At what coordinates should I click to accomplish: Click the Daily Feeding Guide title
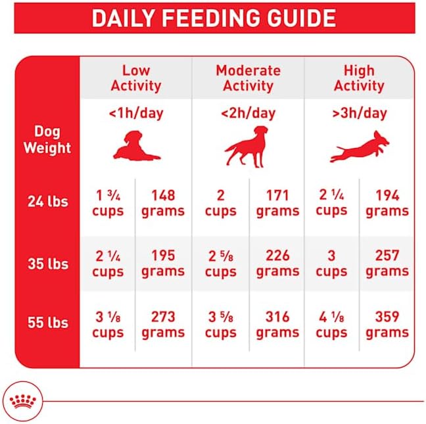coord(213,18)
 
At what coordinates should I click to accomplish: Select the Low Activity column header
coord(135,78)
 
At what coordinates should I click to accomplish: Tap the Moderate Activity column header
coord(248,78)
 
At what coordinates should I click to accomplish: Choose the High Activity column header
coord(359,78)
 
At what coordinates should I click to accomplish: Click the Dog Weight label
coord(47,139)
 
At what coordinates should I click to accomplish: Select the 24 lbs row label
coord(47,202)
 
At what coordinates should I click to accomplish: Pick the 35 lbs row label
coord(47,264)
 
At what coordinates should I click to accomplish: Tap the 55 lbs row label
coord(47,323)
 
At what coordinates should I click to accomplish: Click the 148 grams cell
coord(163,203)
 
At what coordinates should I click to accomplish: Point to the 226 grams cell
coord(277,263)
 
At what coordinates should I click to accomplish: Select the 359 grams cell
coord(387,324)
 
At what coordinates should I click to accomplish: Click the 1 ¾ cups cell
coord(108,203)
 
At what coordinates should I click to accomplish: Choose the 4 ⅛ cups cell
coord(331,324)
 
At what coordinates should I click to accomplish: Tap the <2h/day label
coord(247,113)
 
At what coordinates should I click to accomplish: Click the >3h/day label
coord(359,113)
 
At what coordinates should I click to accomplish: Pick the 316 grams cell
coord(277,324)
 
